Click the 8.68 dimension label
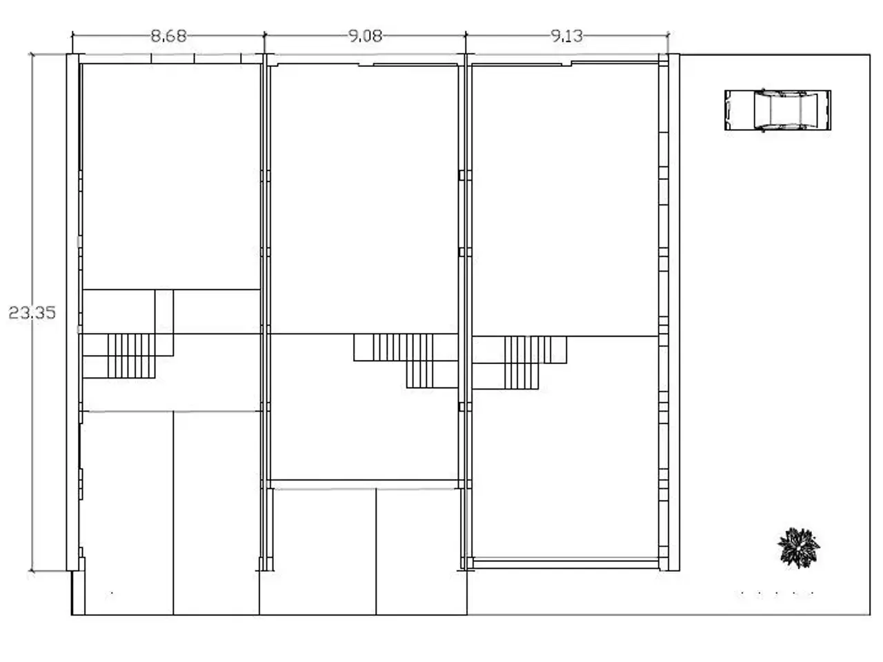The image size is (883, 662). coord(168,36)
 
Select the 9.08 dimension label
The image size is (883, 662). coord(365,36)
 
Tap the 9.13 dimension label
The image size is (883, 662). coord(566,36)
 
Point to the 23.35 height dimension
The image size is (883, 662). coord(32,312)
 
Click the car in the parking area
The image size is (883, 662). coord(777,110)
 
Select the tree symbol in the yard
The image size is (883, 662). coord(799,548)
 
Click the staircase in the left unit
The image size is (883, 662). coord(131,356)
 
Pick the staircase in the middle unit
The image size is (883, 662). coord(406,361)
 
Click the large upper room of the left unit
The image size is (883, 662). coord(171,176)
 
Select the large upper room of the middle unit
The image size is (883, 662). coord(364,199)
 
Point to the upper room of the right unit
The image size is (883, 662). coord(565,199)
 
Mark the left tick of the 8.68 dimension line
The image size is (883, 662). coord(72,36)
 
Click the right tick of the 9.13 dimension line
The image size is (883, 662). coord(668,36)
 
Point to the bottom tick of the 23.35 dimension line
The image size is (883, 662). coord(32,570)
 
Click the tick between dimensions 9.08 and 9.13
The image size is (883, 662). coord(466,36)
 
